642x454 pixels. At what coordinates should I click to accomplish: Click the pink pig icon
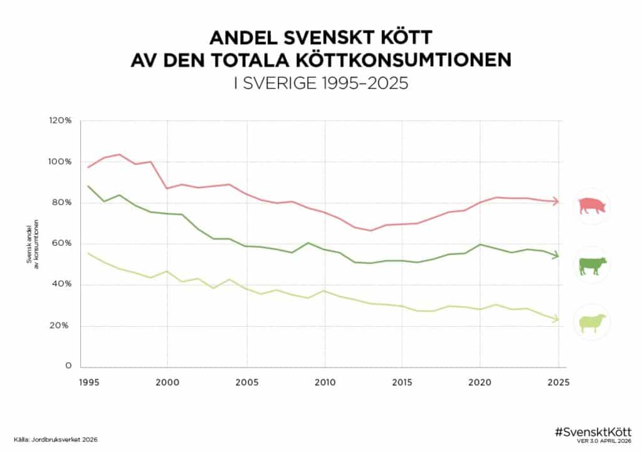(x=592, y=206)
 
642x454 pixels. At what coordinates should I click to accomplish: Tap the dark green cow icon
(x=592, y=265)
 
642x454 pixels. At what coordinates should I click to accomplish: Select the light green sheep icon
(x=592, y=323)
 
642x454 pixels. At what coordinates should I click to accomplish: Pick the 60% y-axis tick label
(x=61, y=243)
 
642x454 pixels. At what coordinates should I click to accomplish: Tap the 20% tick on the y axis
(x=61, y=325)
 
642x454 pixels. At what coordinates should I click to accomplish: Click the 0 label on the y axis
(x=69, y=366)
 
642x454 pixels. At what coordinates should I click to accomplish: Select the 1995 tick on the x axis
(x=88, y=382)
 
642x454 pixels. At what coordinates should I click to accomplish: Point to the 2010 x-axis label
(x=324, y=382)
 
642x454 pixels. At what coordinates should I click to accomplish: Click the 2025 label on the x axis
(x=559, y=382)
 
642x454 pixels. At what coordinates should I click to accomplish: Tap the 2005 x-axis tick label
(x=246, y=382)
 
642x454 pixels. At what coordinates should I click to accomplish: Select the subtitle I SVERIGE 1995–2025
(x=320, y=83)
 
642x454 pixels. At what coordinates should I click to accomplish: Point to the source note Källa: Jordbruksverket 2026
(x=56, y=440)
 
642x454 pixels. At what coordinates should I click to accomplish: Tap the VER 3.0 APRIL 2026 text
(x=603, y=441)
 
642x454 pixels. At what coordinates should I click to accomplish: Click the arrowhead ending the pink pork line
(x=555, y=201)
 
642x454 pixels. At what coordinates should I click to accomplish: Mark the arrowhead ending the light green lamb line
(x=555, y=319)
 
